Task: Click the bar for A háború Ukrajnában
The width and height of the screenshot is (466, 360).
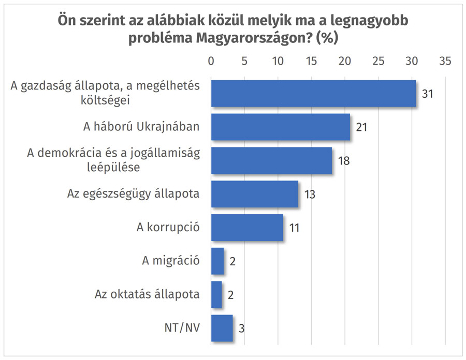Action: [x=280, y=127]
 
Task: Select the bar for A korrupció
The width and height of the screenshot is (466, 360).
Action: [x=247, y=228]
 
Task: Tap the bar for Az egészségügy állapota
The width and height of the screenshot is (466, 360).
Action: [x=254, y=194]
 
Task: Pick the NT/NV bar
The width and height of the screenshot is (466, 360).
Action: [x=222, y=328]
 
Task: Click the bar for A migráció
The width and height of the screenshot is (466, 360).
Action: [x=217, y=261]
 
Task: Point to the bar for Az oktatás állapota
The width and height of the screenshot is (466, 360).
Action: [x=216, y=295]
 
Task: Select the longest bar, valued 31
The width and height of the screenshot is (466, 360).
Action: [x=313, y=93]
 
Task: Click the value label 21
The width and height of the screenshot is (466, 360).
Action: [x=361, y=127]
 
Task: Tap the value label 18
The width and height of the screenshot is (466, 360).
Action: [x=344, y=160]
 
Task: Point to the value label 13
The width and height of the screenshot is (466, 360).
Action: [x=310, y=194]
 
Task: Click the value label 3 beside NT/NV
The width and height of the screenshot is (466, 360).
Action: [x=241, y=329]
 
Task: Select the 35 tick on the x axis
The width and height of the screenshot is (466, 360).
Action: [x=445, y=61]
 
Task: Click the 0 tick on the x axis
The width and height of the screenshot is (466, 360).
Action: [x=211, y=61]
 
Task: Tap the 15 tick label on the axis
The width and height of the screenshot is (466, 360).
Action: [x=311, y=61]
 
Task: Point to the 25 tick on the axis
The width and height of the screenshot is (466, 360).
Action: [x=378, y=61]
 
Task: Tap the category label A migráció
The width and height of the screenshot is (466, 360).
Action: [x=171, y=261]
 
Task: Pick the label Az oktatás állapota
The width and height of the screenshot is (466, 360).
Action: [x=147, y=295]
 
